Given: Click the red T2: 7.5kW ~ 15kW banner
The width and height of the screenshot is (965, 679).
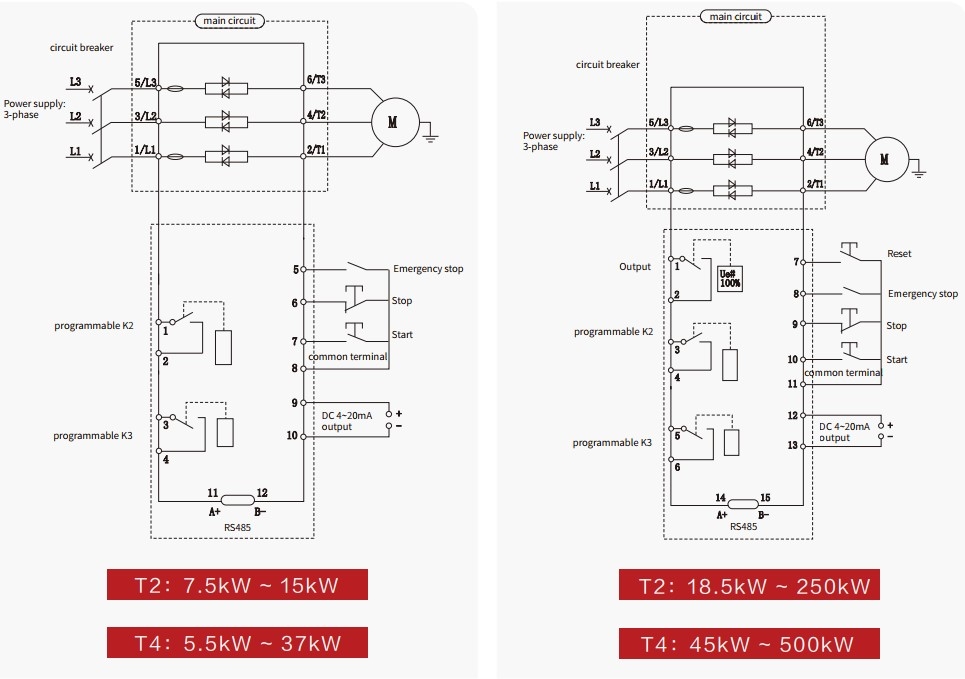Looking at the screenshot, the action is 237,584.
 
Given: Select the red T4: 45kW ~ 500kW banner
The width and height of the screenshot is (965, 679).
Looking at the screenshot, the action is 749,643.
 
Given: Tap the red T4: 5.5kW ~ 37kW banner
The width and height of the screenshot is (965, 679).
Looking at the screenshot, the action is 237,643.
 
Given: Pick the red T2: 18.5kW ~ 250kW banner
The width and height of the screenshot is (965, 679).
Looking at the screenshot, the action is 749,584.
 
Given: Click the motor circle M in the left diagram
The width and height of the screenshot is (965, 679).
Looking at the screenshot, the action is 395,122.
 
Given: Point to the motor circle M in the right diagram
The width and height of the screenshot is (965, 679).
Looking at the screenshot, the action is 887,159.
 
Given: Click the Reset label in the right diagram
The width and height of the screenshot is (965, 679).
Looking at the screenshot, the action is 899,254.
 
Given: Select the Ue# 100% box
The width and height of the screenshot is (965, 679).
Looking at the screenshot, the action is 730,279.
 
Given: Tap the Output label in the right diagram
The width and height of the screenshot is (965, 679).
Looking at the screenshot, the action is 635,267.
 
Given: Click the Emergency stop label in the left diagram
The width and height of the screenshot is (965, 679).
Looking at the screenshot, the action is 428,269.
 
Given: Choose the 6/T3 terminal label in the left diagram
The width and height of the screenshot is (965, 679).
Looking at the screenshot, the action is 316,79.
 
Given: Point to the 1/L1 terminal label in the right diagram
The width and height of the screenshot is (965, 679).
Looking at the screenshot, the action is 658,184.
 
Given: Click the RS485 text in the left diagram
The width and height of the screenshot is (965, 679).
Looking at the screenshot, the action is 238,528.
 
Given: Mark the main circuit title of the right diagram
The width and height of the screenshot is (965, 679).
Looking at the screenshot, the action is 735,17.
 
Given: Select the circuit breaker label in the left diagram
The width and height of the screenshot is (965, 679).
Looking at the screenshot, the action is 81,47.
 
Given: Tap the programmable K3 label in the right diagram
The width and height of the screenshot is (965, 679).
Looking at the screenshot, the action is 612,443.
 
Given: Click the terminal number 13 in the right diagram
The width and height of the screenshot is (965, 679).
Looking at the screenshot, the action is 793,445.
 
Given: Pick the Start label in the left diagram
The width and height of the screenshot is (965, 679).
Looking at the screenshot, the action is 402,335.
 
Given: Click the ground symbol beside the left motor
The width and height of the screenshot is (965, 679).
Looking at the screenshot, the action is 430,135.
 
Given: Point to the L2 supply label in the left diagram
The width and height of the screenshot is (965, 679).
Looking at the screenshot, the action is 75,116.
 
